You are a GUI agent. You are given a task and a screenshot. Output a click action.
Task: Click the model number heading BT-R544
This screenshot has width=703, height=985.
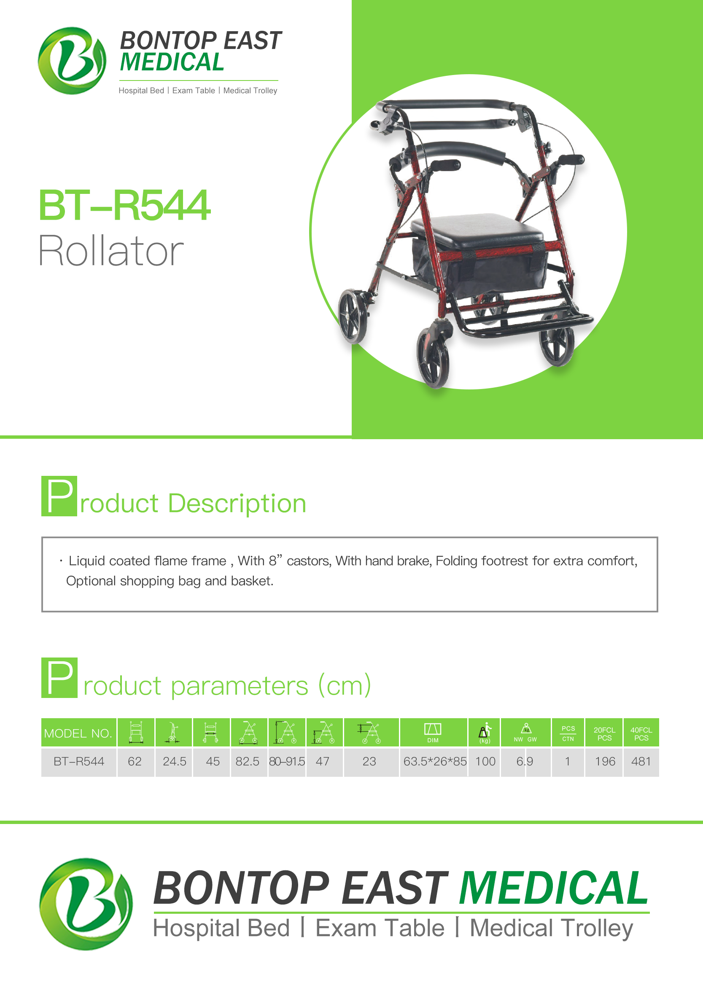[125, 206]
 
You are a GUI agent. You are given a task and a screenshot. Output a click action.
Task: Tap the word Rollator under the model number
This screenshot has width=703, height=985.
[111, 250]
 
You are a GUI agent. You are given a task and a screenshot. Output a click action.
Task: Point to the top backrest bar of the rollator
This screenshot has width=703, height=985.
[446, 105]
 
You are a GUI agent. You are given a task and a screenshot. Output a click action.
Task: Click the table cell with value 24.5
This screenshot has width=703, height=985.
[175, 761]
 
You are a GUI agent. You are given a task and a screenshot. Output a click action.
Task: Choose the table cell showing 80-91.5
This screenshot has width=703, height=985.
[287, 761]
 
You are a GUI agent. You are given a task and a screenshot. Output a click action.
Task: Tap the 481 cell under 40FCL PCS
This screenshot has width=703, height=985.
[641, 761]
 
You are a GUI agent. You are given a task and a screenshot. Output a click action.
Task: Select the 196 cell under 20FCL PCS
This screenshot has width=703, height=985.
[605, 761]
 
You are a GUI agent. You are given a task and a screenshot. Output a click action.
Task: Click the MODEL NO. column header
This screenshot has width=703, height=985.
[78, 733]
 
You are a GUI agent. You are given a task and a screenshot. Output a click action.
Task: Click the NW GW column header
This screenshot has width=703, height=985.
[525, 733]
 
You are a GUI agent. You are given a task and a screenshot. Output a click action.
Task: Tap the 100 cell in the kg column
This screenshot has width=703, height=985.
[485, 761]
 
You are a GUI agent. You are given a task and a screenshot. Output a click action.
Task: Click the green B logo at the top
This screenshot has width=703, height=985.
[72, 61]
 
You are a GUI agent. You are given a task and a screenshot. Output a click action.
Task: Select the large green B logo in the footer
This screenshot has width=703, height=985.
[86, 904]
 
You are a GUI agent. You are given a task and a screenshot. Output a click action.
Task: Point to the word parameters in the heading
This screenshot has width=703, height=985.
[240, 687]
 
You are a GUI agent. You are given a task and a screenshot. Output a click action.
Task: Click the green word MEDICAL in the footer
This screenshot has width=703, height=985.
[554, 888]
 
